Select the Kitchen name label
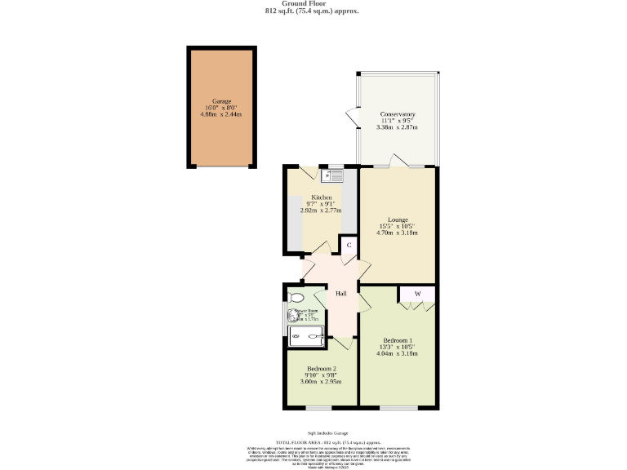pyautogui.click(x=320, y=197)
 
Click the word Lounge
pyautogui.click(x=398, y=219)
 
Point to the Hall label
pyautogui.click(x=342, y=294)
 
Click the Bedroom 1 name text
pyautogui.click(x=398, y=340)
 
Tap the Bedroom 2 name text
pyautogui.click(x=322, y=369)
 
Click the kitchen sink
pyautogui.click(x=335, y=174)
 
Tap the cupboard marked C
pyautogui.click(x=349, y=245)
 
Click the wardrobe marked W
pyautogui.click(x=416, y=293)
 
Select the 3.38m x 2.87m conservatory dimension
pyautogui.click(x=397, y=127)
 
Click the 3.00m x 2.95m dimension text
pyautogui.click(x=321, y=382)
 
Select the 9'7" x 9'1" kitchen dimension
pyautogui.click(x=320, y=204)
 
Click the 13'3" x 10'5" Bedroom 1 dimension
pyautogui.click(x=398, y=347)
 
